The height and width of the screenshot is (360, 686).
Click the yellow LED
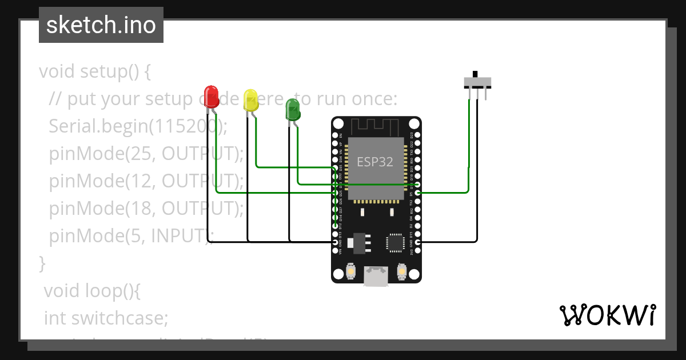tap(250, 99)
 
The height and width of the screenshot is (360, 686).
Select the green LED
tap(293, 109)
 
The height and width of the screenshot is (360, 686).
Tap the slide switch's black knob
tap(475, 74)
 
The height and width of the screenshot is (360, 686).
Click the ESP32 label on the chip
tap(375, 162)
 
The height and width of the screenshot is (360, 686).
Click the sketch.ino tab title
tap(101, 25)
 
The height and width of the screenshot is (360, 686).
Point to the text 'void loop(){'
tap(91, 290)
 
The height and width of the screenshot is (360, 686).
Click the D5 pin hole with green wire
tap(418, 193)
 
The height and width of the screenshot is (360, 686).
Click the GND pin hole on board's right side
tap(418, 242)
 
